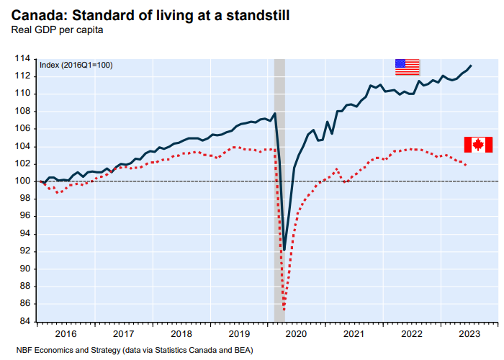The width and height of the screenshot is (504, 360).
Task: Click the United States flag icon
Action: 407,66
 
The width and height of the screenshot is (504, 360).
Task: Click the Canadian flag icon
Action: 478,144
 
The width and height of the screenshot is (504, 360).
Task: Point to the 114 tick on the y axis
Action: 24,58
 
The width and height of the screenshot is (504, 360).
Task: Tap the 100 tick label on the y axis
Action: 24,181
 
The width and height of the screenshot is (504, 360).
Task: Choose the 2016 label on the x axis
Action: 65,334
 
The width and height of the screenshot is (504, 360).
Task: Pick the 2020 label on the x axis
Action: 296,334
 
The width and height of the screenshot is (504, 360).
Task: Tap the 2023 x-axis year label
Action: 469,334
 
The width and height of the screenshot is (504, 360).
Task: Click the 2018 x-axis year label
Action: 181,334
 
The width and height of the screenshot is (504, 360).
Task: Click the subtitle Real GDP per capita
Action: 56,30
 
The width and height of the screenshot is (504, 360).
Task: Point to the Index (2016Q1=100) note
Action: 76,65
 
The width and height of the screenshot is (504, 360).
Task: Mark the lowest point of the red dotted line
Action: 284,310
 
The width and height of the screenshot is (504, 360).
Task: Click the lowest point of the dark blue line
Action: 284,250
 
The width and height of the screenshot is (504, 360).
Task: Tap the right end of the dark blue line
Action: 471,66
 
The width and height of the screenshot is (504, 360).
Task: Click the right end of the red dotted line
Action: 466,166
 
